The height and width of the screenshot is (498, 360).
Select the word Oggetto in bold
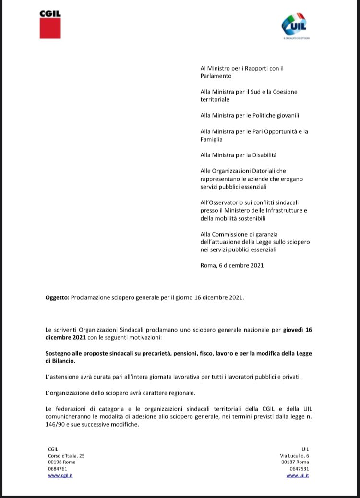tap(57, 298)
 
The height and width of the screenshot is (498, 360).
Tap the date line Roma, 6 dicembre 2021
tap(232, 265)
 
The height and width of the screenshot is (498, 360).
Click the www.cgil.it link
tap(60, 475)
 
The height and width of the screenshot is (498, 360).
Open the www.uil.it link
tap(297, 475)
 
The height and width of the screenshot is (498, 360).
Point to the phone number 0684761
tap(58, 469)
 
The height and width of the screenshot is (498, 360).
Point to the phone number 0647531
tap(300, 469)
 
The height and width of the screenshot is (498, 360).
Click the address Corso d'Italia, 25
tap(66, 456)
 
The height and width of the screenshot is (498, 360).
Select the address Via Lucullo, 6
tap(294, 456)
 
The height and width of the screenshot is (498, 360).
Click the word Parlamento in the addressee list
tap(216, 76)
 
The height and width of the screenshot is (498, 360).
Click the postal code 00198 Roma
tap(62, 462)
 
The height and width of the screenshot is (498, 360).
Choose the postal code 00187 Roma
tap(295, 462)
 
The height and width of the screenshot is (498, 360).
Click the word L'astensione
tap(62, 377)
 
